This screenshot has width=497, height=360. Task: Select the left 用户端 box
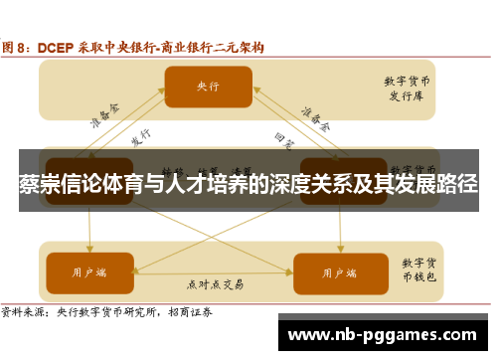coord(90,271)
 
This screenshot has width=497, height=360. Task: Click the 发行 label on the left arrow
coord(141,136)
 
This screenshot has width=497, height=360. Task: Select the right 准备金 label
coord(317,117)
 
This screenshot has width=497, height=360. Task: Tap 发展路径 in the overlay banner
coord(434,185)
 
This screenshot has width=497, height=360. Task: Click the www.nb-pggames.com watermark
coord(388,334)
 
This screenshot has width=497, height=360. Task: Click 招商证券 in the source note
coord(203,311)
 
